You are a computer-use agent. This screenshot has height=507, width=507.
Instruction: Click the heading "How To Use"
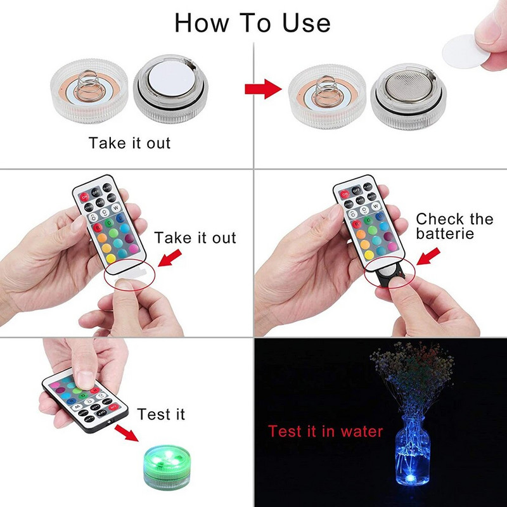252,23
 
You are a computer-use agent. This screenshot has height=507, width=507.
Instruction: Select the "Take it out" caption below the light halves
130,143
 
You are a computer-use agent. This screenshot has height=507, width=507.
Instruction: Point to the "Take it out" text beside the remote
195,238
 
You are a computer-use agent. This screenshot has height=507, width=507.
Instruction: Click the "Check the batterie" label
454,227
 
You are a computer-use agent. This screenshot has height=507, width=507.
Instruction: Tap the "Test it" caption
162,414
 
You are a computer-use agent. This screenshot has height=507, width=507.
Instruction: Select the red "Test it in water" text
325,432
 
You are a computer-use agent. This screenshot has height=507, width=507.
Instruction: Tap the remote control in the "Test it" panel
86,402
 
